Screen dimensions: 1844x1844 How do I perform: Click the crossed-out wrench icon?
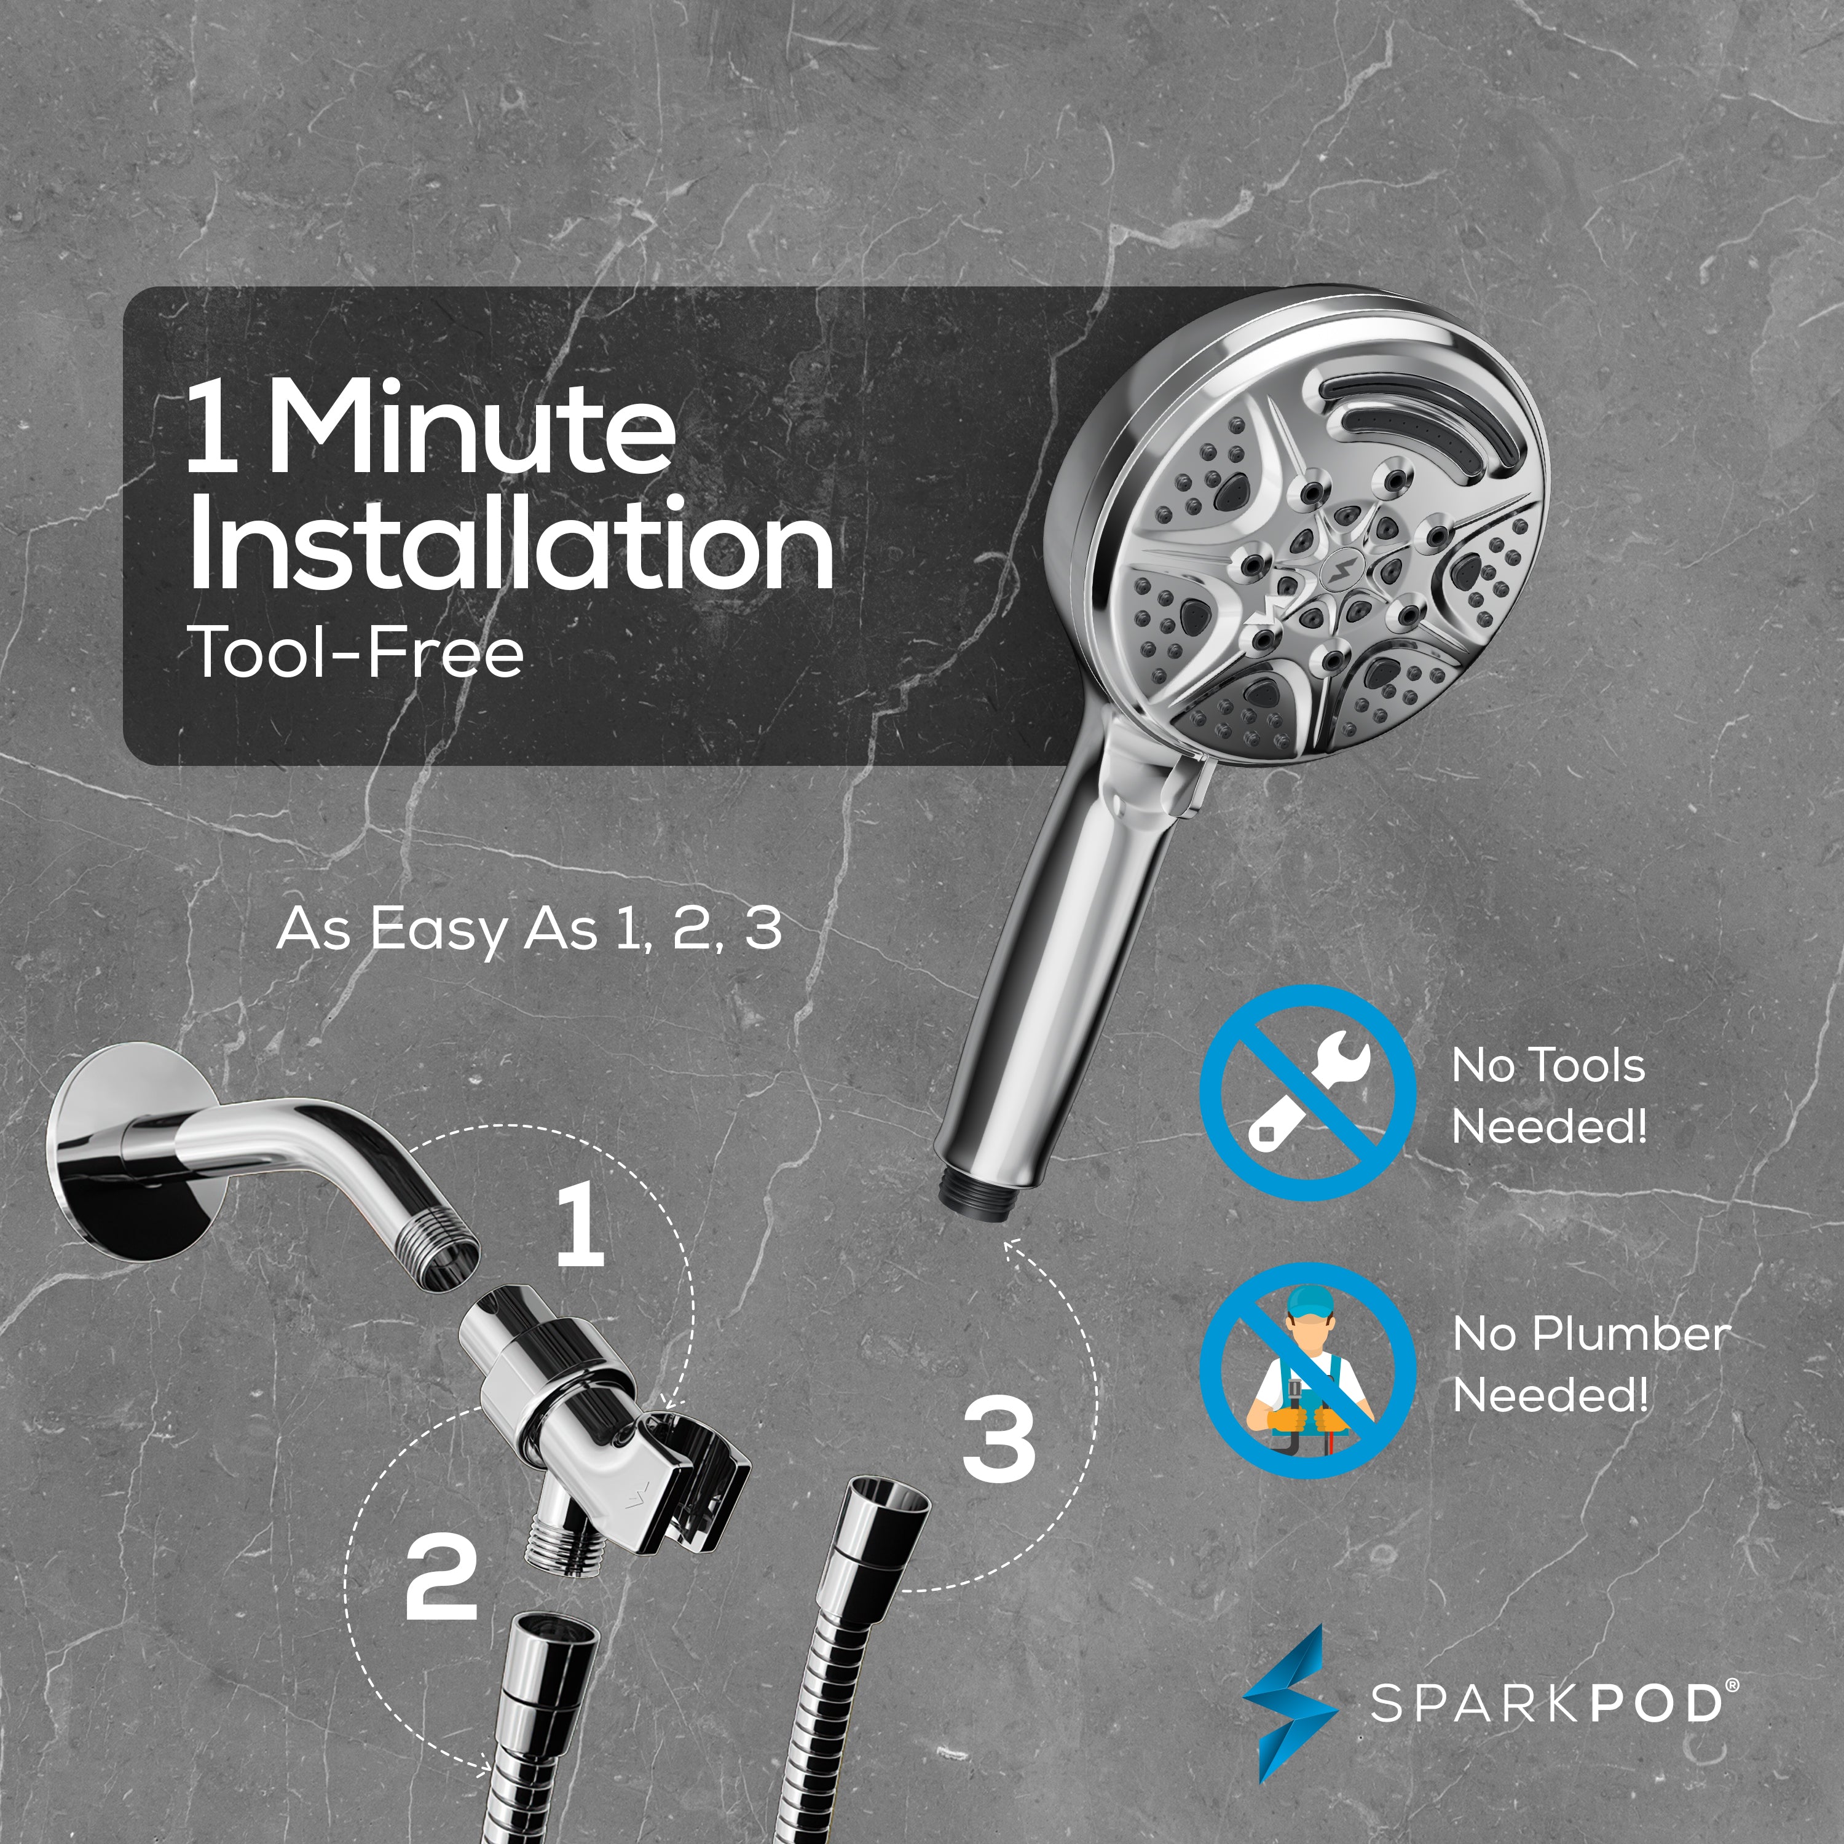(1307, 1093)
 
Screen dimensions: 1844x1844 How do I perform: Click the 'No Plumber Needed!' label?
(1589, 1365)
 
